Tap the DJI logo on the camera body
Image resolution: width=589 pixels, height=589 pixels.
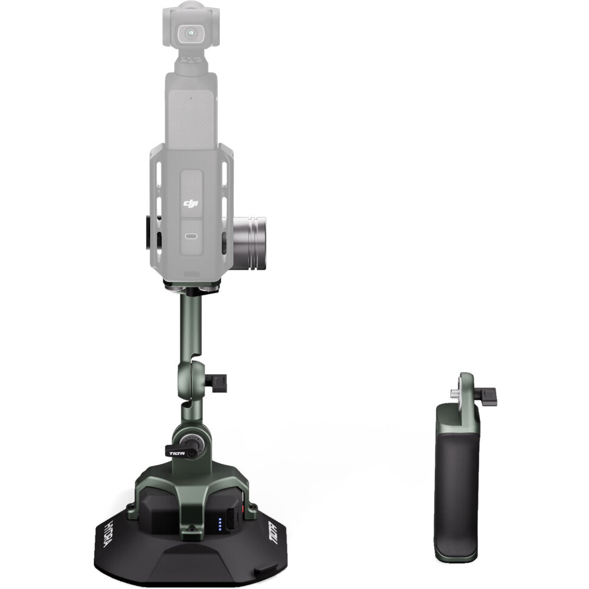click(191, 202)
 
